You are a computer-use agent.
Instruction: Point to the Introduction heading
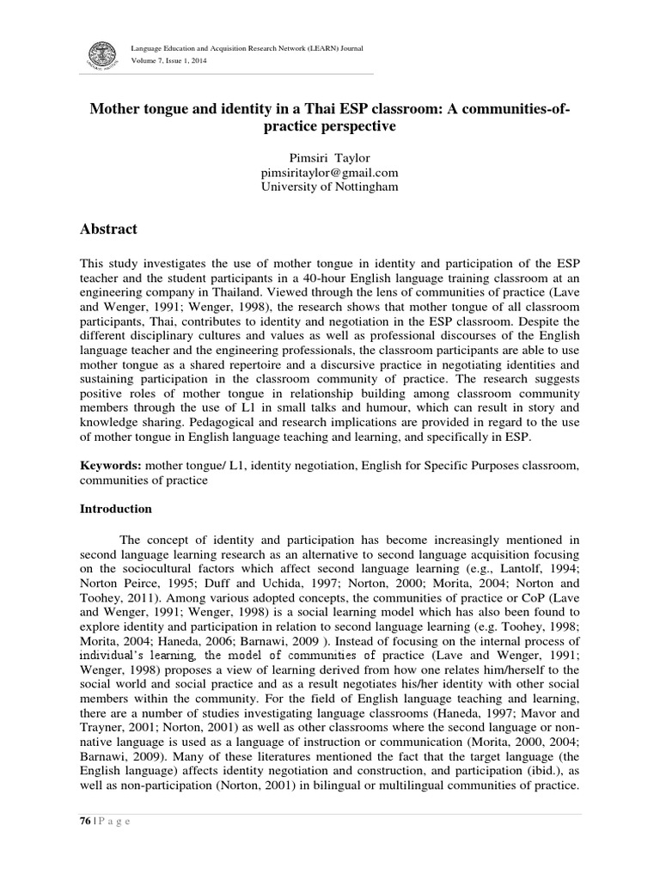tap(116, 509)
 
